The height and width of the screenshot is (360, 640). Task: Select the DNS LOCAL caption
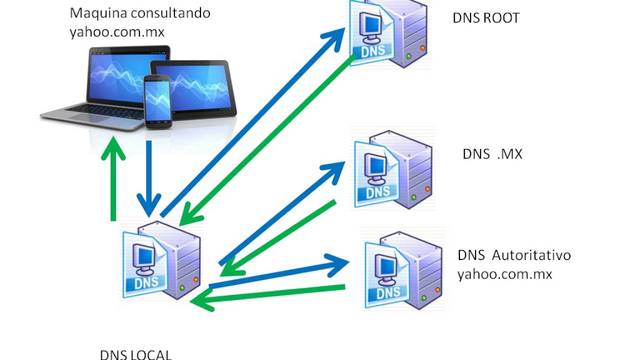coord(135,352)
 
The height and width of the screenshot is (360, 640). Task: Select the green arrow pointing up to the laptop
coord(115,180)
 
